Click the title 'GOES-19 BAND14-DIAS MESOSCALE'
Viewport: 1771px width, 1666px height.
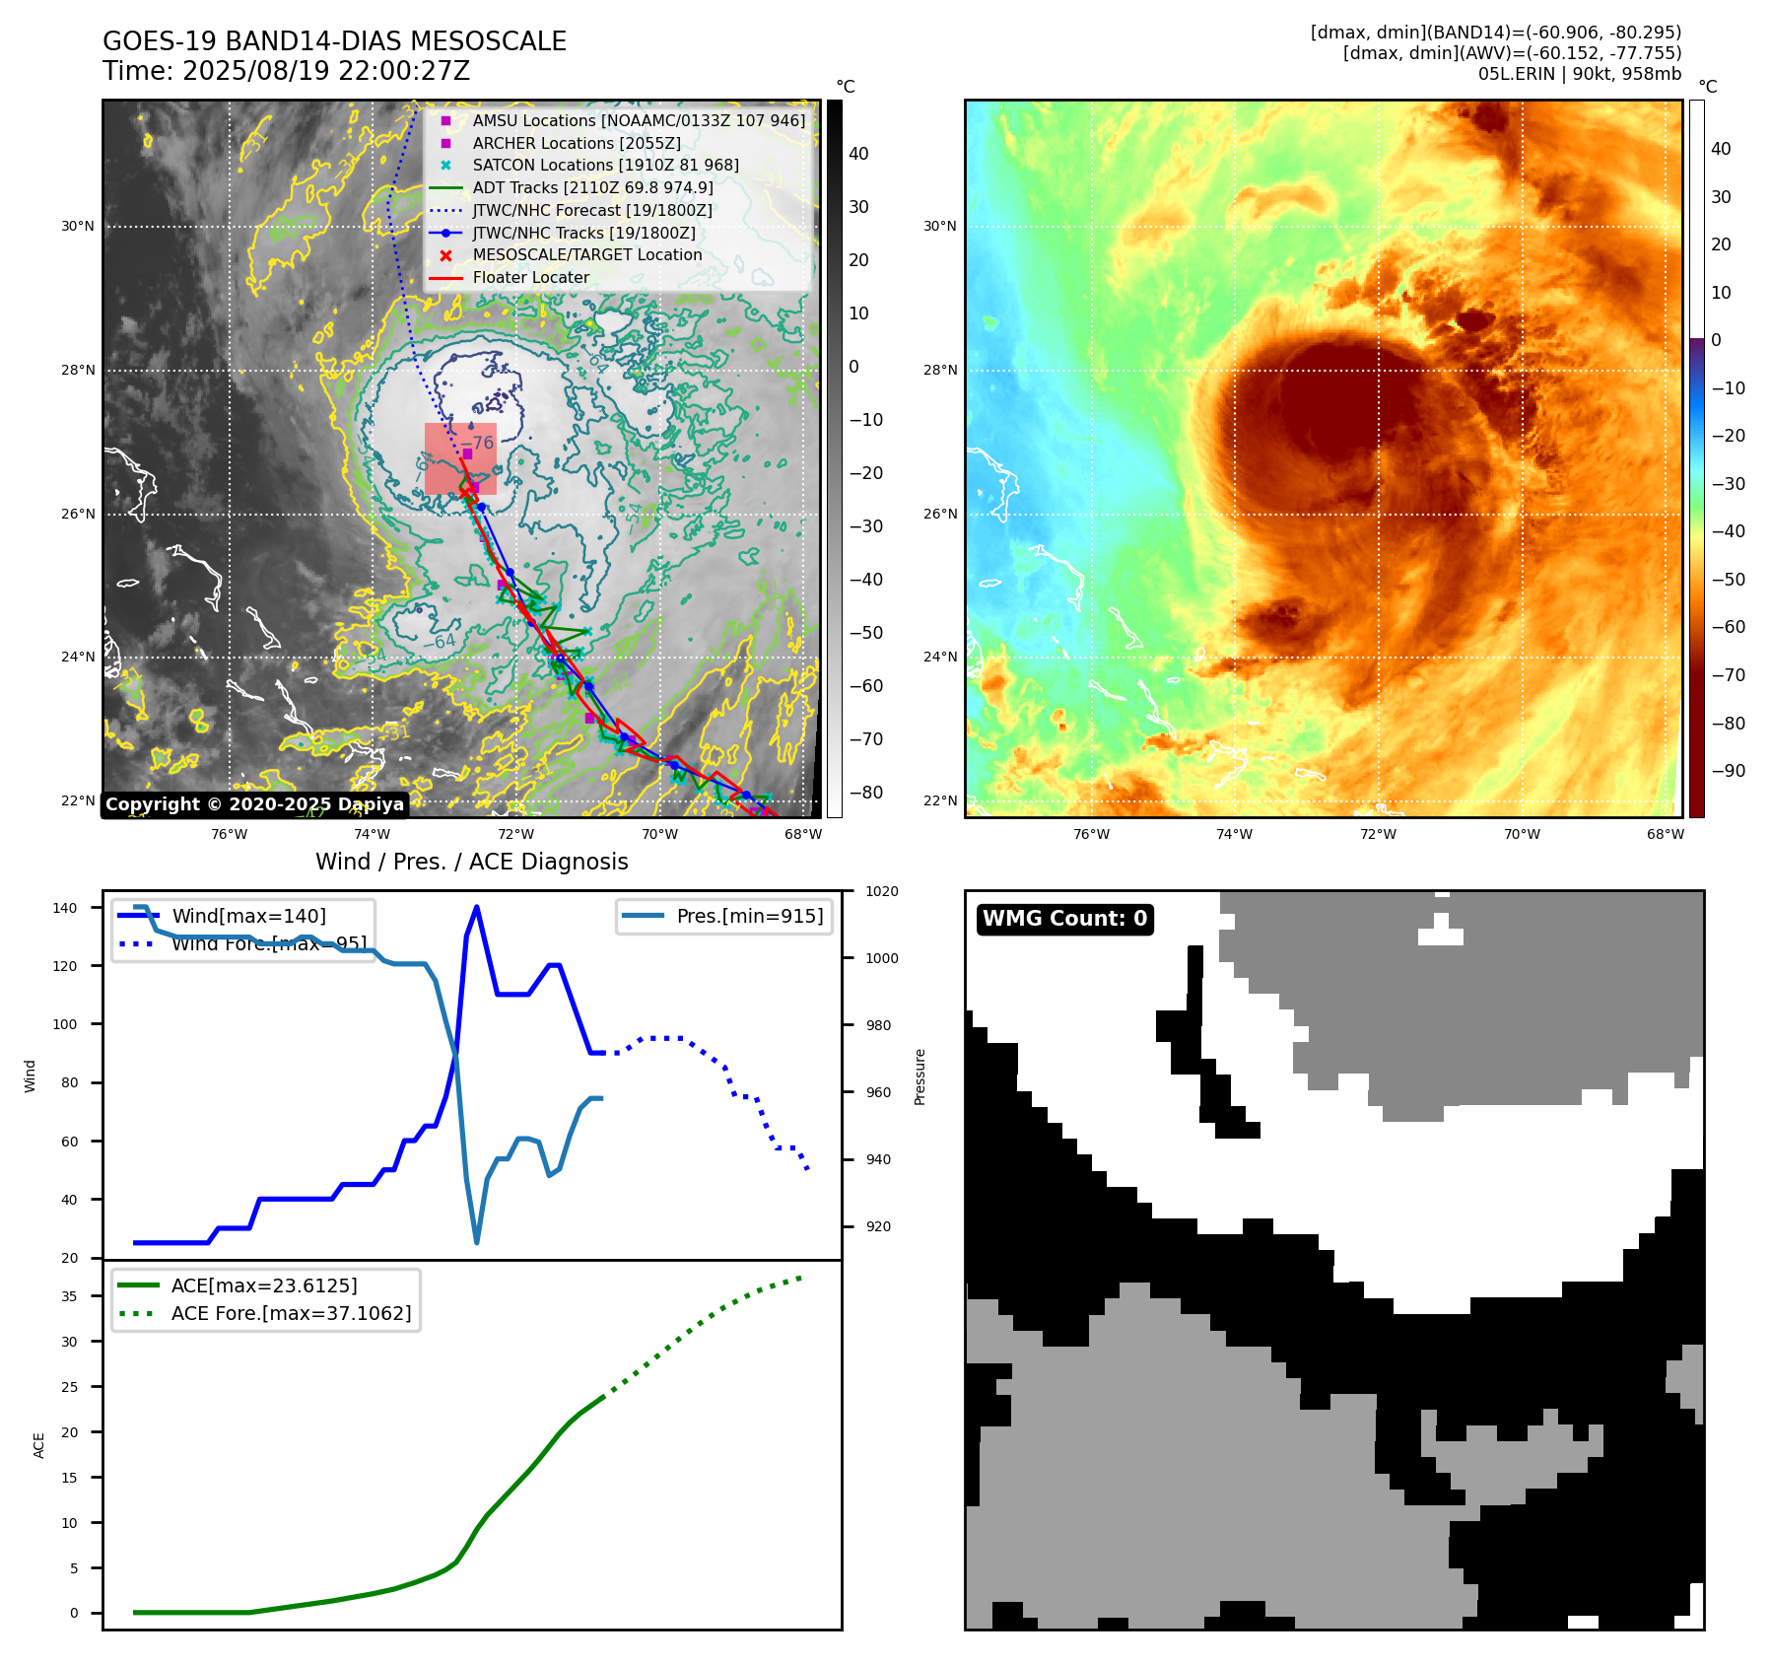pyautogui.click(x=334, y=41)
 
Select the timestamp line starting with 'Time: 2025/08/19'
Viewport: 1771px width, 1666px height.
pyautogui.click(x=286, y=71)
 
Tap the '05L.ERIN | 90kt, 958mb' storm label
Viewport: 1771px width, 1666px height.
pyautogui.click(x=1579, y=74)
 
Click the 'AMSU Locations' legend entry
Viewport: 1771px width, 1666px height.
pyautogui.click(x=638, y=120)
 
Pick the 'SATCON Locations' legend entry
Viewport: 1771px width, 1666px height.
pyautogui.click(x=605, y=166)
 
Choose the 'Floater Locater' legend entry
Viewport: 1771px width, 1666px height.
pyautogui.click(x=530, y=278)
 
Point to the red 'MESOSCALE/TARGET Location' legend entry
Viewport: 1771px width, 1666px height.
pyautogui.click(x=586, y=255)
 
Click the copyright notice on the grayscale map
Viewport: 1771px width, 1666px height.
pyautogui.click(x=254, y=804)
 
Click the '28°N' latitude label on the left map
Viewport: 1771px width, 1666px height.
pyautogui.click(x=78, y=371)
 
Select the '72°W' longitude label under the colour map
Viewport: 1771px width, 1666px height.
pyautogui.click(x=1377, y=835)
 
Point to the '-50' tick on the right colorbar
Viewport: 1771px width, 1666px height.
pyautogui.click(x=1728, y=580)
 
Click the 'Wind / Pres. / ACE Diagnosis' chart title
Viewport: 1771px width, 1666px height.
pyautogui.click(x=471, y=862)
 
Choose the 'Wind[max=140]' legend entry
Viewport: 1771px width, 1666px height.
pyautogui.click(x=248, y=916)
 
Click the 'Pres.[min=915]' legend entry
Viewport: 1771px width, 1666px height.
pyautogui.click(x=749, y=916)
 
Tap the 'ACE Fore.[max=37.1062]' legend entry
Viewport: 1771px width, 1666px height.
pyautogui.click(x=291, y=1313)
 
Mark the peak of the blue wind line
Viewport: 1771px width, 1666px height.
pyautogui.click(x=477, y=907)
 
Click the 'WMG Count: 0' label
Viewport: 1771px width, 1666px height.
pyautogui.click(x=1064, y=919)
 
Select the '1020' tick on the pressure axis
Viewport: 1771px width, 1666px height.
pyautogui.click(x=881, y=892)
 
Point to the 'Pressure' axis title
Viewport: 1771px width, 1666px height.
pyautogui.click(x=920, y=1076)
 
